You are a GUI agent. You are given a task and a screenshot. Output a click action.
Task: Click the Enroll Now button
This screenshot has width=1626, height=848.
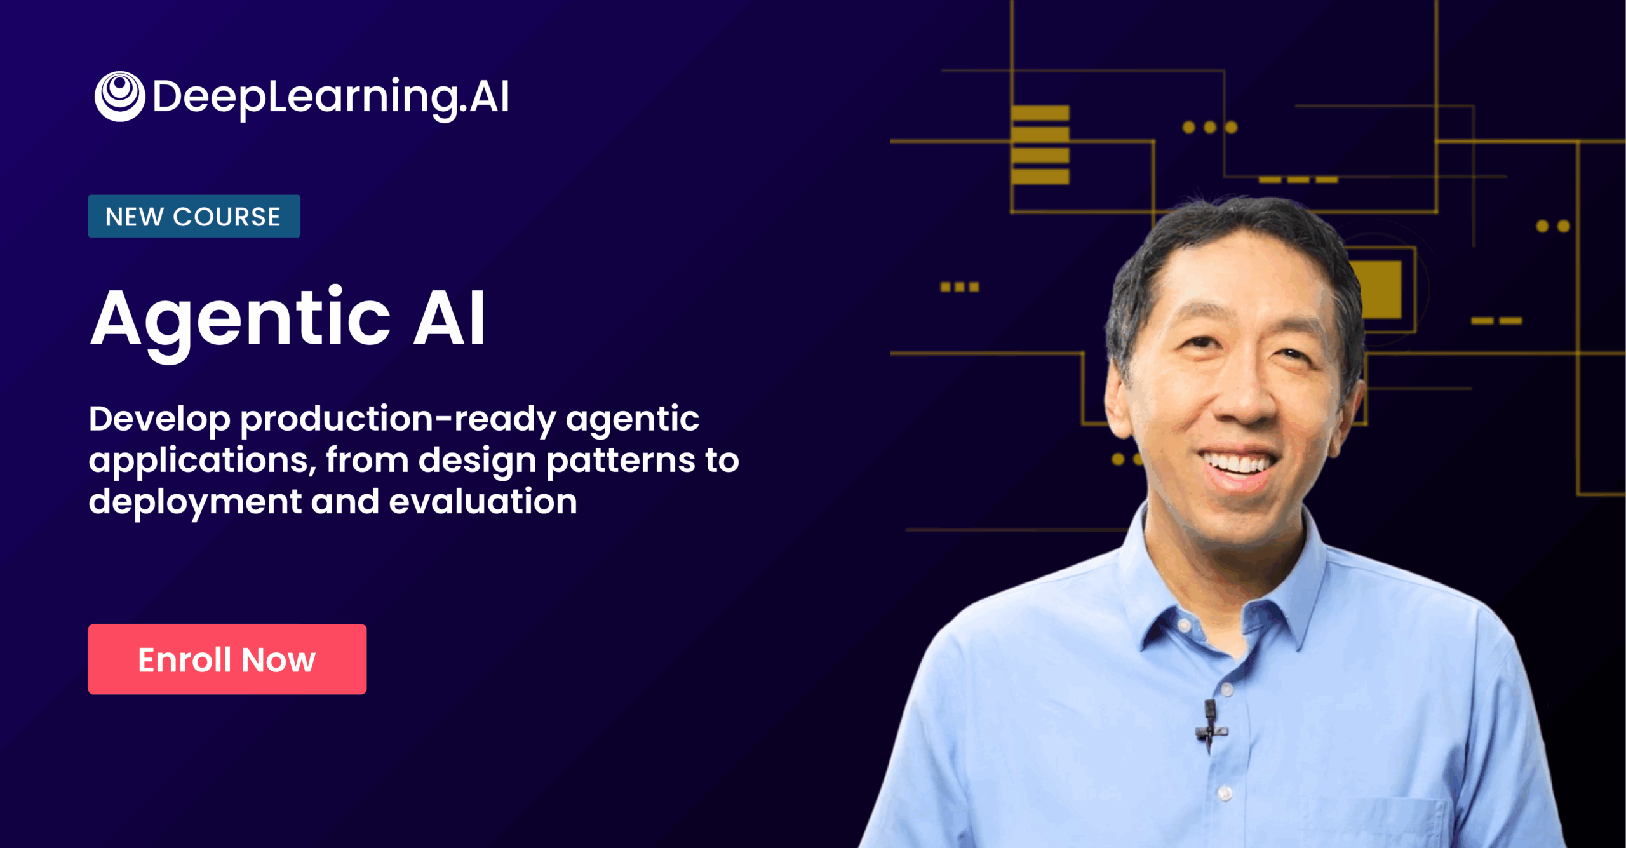pyautogui.click(x=227, y=659)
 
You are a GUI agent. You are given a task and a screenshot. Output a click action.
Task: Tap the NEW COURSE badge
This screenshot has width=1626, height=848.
pyautogui.click(x=194, y=216)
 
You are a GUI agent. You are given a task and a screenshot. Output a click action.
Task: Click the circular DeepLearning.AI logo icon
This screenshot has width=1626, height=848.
pyautogui.click(x=119, y=96)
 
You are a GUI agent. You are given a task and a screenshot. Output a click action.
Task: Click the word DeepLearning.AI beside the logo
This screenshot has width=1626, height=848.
pyautogui.click(x=330, y=97)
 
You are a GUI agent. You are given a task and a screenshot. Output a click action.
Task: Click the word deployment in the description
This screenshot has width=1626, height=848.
pyautogui.click(x=194, y=502)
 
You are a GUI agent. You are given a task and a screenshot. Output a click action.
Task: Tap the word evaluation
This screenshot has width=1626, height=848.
pyautogui.click(x=483, y=501)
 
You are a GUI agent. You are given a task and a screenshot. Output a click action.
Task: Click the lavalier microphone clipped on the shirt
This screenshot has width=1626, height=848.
pyautogui.click(x=1211, y=724)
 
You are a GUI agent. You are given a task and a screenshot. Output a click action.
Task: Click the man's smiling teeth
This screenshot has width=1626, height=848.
pyautogui.click(x=1239, y=464)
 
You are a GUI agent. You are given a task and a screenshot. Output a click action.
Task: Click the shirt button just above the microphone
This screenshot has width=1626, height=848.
pyautogui.click(x=1226, y=689)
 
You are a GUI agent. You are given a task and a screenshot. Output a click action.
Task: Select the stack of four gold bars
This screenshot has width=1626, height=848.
pyautogui.click(x=1040, y=145)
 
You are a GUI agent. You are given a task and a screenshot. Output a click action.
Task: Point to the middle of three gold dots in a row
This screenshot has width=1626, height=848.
pyautogui.click(x=1210, y=128)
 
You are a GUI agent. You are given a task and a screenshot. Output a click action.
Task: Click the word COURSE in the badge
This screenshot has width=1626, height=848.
pyautogui.click(x=227, y=217)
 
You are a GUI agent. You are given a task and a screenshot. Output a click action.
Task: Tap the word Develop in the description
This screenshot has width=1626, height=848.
pyautogui.click(x=159, y=419)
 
